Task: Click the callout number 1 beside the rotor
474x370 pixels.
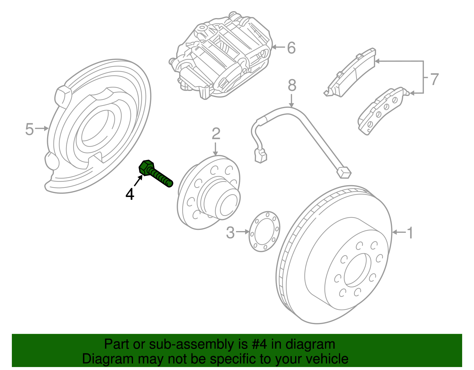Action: pyautogui.click(x=410, y=233)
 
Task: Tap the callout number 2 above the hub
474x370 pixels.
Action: pyautogui.click(x=216, y=134)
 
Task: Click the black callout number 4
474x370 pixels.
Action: pyautogui.click(x=130, y=195)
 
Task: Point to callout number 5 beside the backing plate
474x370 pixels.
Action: pyautogui.click(x=29, y=129)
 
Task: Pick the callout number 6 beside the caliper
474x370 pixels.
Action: pyautogui.click(x=292, y=48)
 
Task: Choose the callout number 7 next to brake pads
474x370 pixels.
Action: pyautogui.click(x=434, y=79)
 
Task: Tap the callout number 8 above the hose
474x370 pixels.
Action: pyautogui.click(x=292, y=86)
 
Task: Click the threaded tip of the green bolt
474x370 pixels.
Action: pyautogui.click(x=169, y=184)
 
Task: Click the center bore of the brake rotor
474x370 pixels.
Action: pyautogui.click(x=357, y=270)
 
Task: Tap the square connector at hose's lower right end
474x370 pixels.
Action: pyautogui.click(x=344, y=172)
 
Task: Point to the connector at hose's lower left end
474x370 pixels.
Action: pyautogui.click(x=261, y=156)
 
